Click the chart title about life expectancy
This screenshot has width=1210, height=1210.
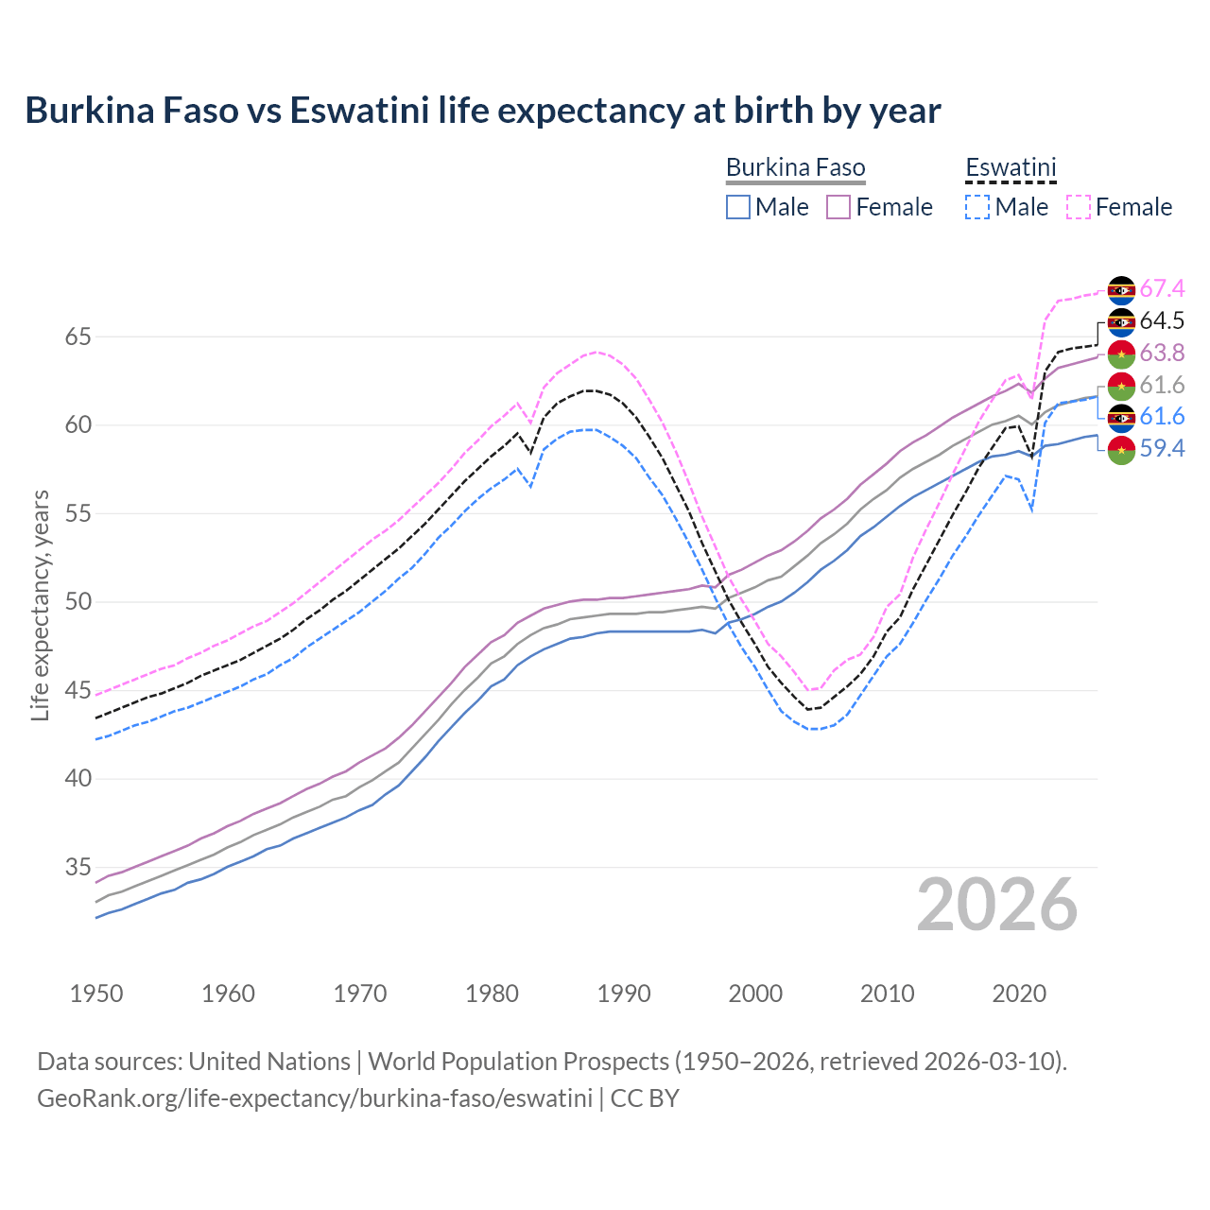pos(483,111)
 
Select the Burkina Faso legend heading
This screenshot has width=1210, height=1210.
pos(795,168)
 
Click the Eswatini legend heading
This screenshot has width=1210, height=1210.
pos(1010,168)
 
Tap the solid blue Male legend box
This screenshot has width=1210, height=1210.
pos(738,207)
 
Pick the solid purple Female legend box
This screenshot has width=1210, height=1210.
pos(838,207)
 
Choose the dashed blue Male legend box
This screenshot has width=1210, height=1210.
pos(977,207)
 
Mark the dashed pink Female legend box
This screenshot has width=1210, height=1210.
pos(1079,207)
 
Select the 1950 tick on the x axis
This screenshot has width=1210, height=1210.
pos(96,994)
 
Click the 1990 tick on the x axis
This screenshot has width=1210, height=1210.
pos(624,994)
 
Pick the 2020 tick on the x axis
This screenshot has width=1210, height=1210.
pos(1019,994)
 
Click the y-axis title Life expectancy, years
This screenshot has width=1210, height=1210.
pos(40,605)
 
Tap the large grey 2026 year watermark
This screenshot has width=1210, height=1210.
pos(996,905)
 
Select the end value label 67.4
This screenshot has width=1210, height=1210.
pos(1162,288)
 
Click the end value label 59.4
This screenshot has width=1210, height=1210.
pos(1162,449)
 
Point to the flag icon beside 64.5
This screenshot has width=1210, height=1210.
pos(1121,321)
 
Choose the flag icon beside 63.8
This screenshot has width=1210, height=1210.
pos(1121,354)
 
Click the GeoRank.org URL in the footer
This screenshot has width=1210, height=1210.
pos(314,1098)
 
